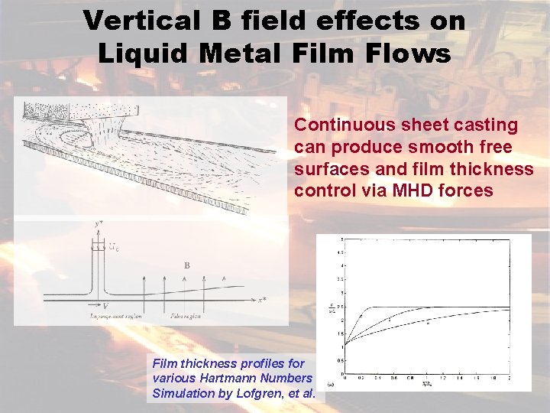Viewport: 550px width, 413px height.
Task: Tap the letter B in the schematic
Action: coord(186,265)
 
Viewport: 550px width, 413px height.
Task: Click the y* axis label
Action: coord(99,223)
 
